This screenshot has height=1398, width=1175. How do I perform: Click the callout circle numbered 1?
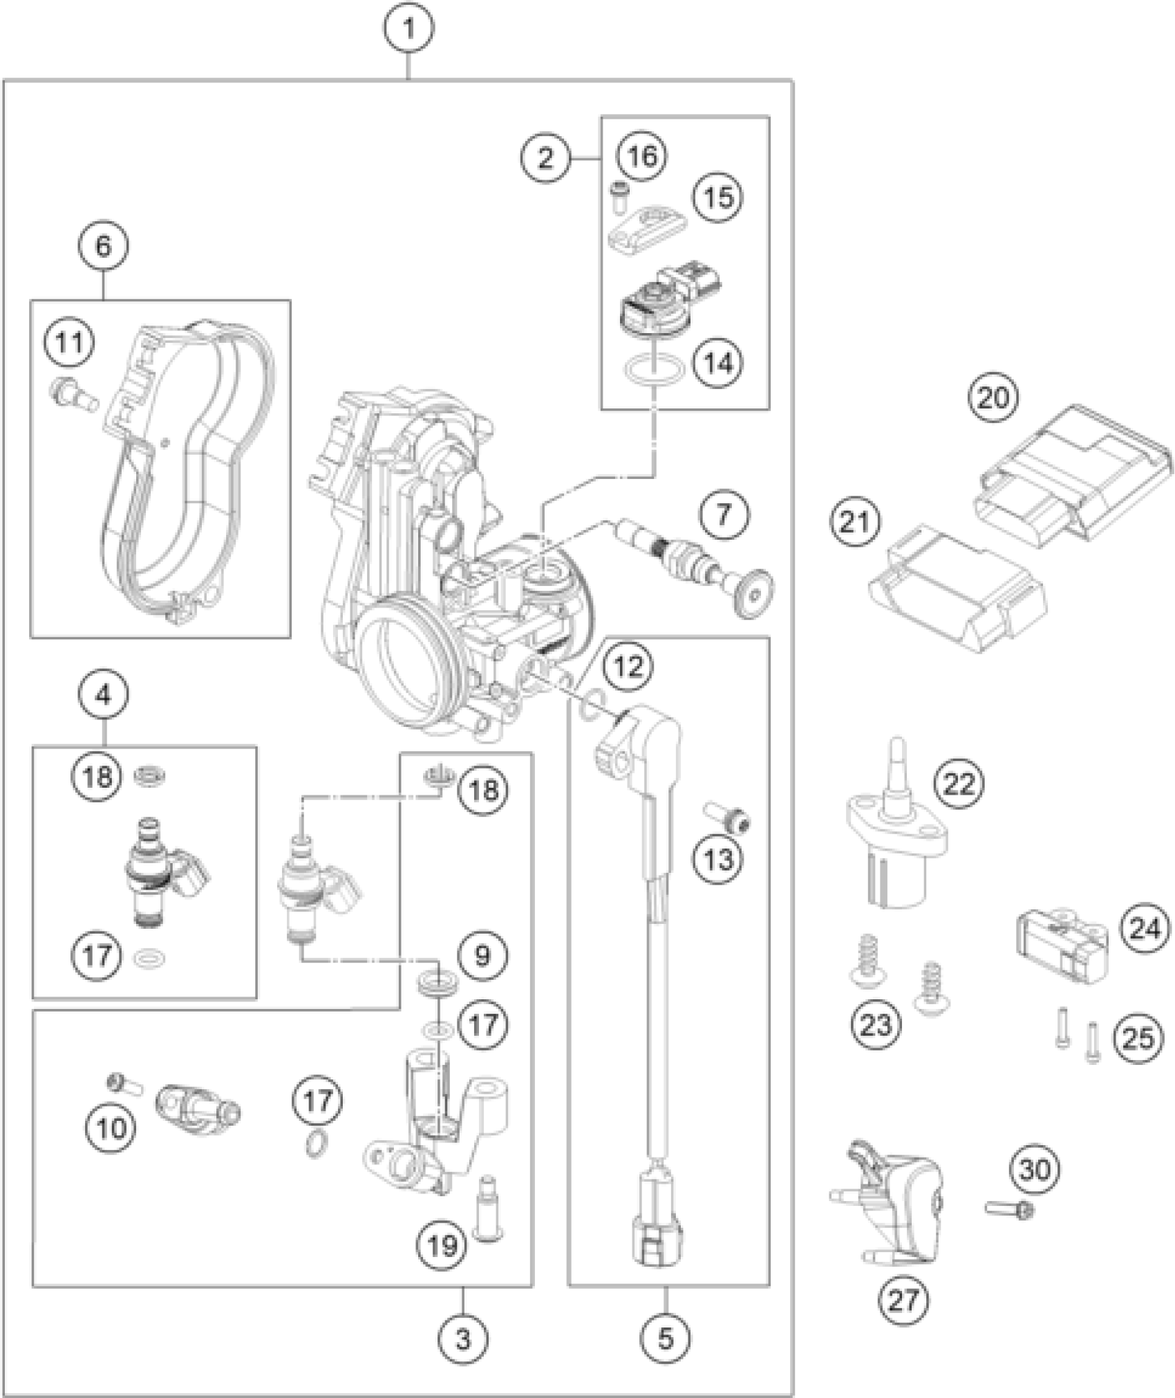[409, 28]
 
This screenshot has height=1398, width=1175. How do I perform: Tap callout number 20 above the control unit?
[993, 397]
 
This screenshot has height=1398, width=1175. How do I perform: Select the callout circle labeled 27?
[903, 1301]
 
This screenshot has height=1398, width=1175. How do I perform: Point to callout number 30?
[1035, 1169]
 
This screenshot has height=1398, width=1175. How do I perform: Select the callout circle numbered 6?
[103, 246]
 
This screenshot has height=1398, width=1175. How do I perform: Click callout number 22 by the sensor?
[959, 783]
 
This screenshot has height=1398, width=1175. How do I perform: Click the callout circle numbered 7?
[723, 514]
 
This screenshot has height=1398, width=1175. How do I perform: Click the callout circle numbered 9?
[482, 956]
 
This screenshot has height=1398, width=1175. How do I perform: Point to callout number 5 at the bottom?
[665, 1339]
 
